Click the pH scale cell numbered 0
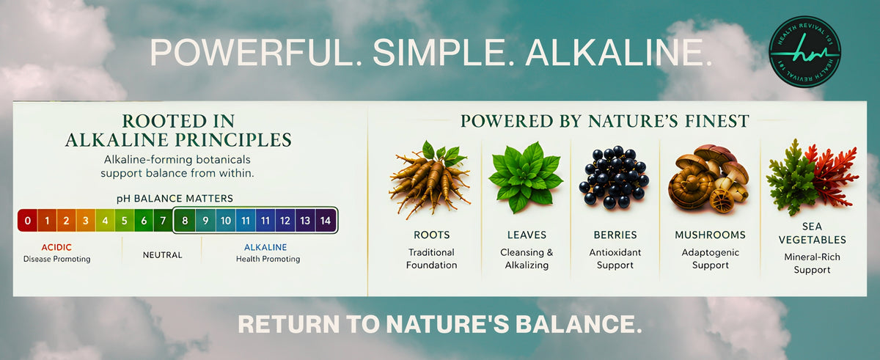(x=28, y=220)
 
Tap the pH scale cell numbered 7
(x=163, y=220)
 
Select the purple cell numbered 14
(x=326, y=220)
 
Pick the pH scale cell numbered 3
(x=86, y=220)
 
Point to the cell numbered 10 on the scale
(x=226, y=220)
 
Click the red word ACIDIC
(x=56, y=247)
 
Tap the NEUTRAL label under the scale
(x=162, y=255)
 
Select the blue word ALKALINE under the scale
(x=265, y=247)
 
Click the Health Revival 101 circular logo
(x=804, y=51)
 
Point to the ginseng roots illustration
(x=430, y=179)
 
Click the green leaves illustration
(x=526, y=177)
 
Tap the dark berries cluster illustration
(x=614, y=177)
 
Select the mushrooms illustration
(x=709, y=179)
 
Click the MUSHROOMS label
(x=711, y=235)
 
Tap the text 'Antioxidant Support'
(x=615, y=259)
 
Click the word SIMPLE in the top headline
(x=439, y=52)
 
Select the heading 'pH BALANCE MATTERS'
(x=175, y=199)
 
